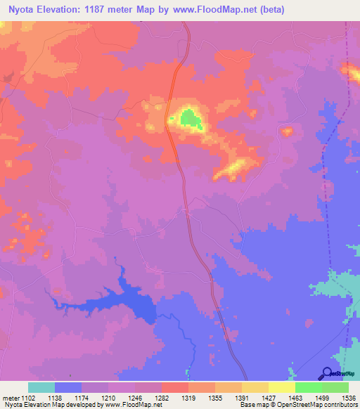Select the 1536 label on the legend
(x=349, y=397)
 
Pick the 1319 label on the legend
(x=188, y=397)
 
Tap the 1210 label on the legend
(x=108, y=397)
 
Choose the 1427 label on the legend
(x=269, y=397)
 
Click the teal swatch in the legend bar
(x=41, y=387)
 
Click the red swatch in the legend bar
(x=175, y=387)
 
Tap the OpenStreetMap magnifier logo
(x=328, y=374)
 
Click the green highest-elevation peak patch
(x=190, y=119)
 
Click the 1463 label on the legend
(x=295, y=397)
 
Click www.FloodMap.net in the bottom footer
(x=132, y=405)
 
